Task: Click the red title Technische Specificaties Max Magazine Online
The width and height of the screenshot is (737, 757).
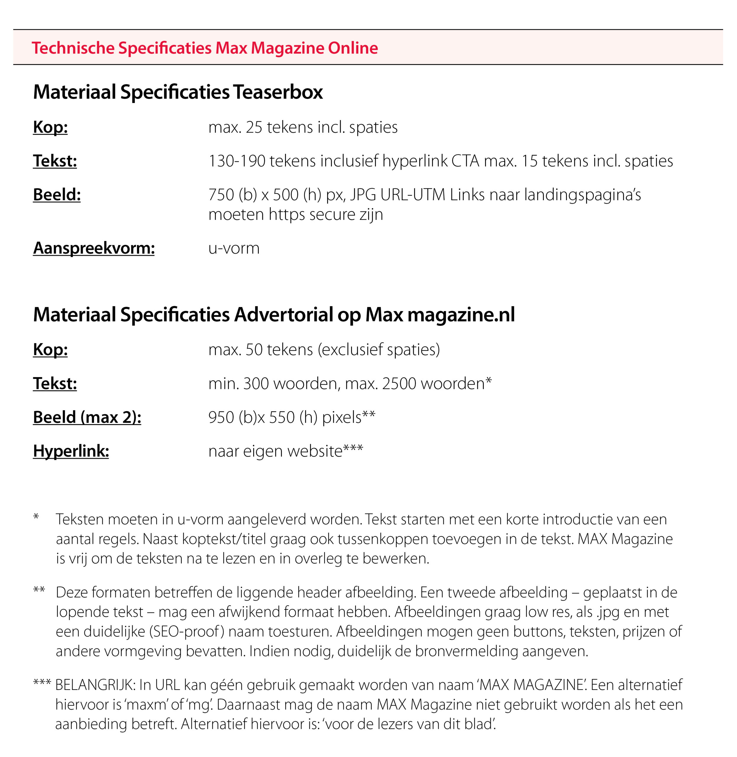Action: click(x=205, y=48)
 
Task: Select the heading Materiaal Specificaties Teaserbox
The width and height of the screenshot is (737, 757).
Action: click(x=178, y=92)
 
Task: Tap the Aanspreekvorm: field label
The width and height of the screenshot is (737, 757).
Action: click(x=94, y=248)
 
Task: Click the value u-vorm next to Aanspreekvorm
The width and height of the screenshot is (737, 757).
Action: click(x=234, y=248)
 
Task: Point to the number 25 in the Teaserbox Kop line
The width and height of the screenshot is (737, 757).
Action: click(x=254, y=127)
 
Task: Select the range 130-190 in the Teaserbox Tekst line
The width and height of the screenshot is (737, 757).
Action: click(x=237, y=161)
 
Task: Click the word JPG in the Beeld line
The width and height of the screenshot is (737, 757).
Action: click(x=363, y=195)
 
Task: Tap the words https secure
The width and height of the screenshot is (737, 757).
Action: click(x=326, y=214)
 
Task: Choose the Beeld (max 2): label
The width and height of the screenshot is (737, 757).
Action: click(x=87, y=417)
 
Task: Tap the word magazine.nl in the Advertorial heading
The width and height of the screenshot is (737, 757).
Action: click(x=461, y=314)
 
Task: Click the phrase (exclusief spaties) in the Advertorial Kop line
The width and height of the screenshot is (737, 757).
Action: click(x=379, y=350)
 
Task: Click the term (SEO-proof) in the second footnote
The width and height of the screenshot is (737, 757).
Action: click(x=187, y=631)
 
